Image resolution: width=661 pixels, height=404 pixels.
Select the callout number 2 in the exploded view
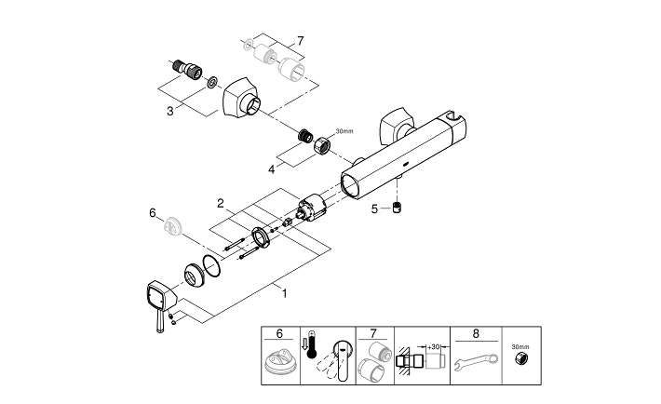point(220,202)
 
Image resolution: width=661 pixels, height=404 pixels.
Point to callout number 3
point(170,111)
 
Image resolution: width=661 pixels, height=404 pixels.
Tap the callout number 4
point(271,168)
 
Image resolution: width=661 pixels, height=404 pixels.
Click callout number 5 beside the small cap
point(374,209)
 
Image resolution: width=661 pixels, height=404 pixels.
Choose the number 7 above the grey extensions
point(300,41)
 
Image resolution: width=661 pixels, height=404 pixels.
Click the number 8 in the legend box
point(477,333)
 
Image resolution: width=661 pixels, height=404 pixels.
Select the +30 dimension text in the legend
point(434,345)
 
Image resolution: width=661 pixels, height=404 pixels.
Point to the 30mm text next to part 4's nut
point(344,131)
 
